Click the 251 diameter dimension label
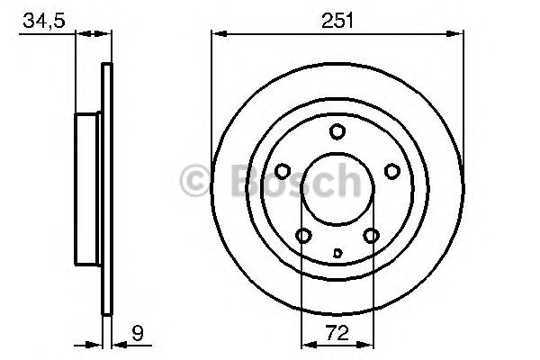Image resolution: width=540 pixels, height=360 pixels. pyautogui.click(x=337, y=21)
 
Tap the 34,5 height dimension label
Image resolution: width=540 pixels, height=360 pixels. pyautogui.click(x=44, y=21)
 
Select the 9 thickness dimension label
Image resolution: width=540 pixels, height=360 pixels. pyautogui.click(x=138, y=333)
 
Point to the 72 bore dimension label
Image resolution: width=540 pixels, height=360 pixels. pyautogui.click(x=337, y=333)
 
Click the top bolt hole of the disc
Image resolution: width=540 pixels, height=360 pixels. pyautogui.click(x=337, y=131)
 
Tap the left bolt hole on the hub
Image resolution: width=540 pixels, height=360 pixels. pyautogui.click(x=283, y=171)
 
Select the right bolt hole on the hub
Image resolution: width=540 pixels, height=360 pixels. pyautogui.click(x=392, y=171)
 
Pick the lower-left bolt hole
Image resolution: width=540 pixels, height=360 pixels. pyautogui.click(x=304, y=236)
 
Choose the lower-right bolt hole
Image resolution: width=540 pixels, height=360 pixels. pyautogui.click(x=371, y=236)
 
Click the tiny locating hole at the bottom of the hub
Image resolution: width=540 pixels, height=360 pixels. pyautogui.click(x=337, y=253)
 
